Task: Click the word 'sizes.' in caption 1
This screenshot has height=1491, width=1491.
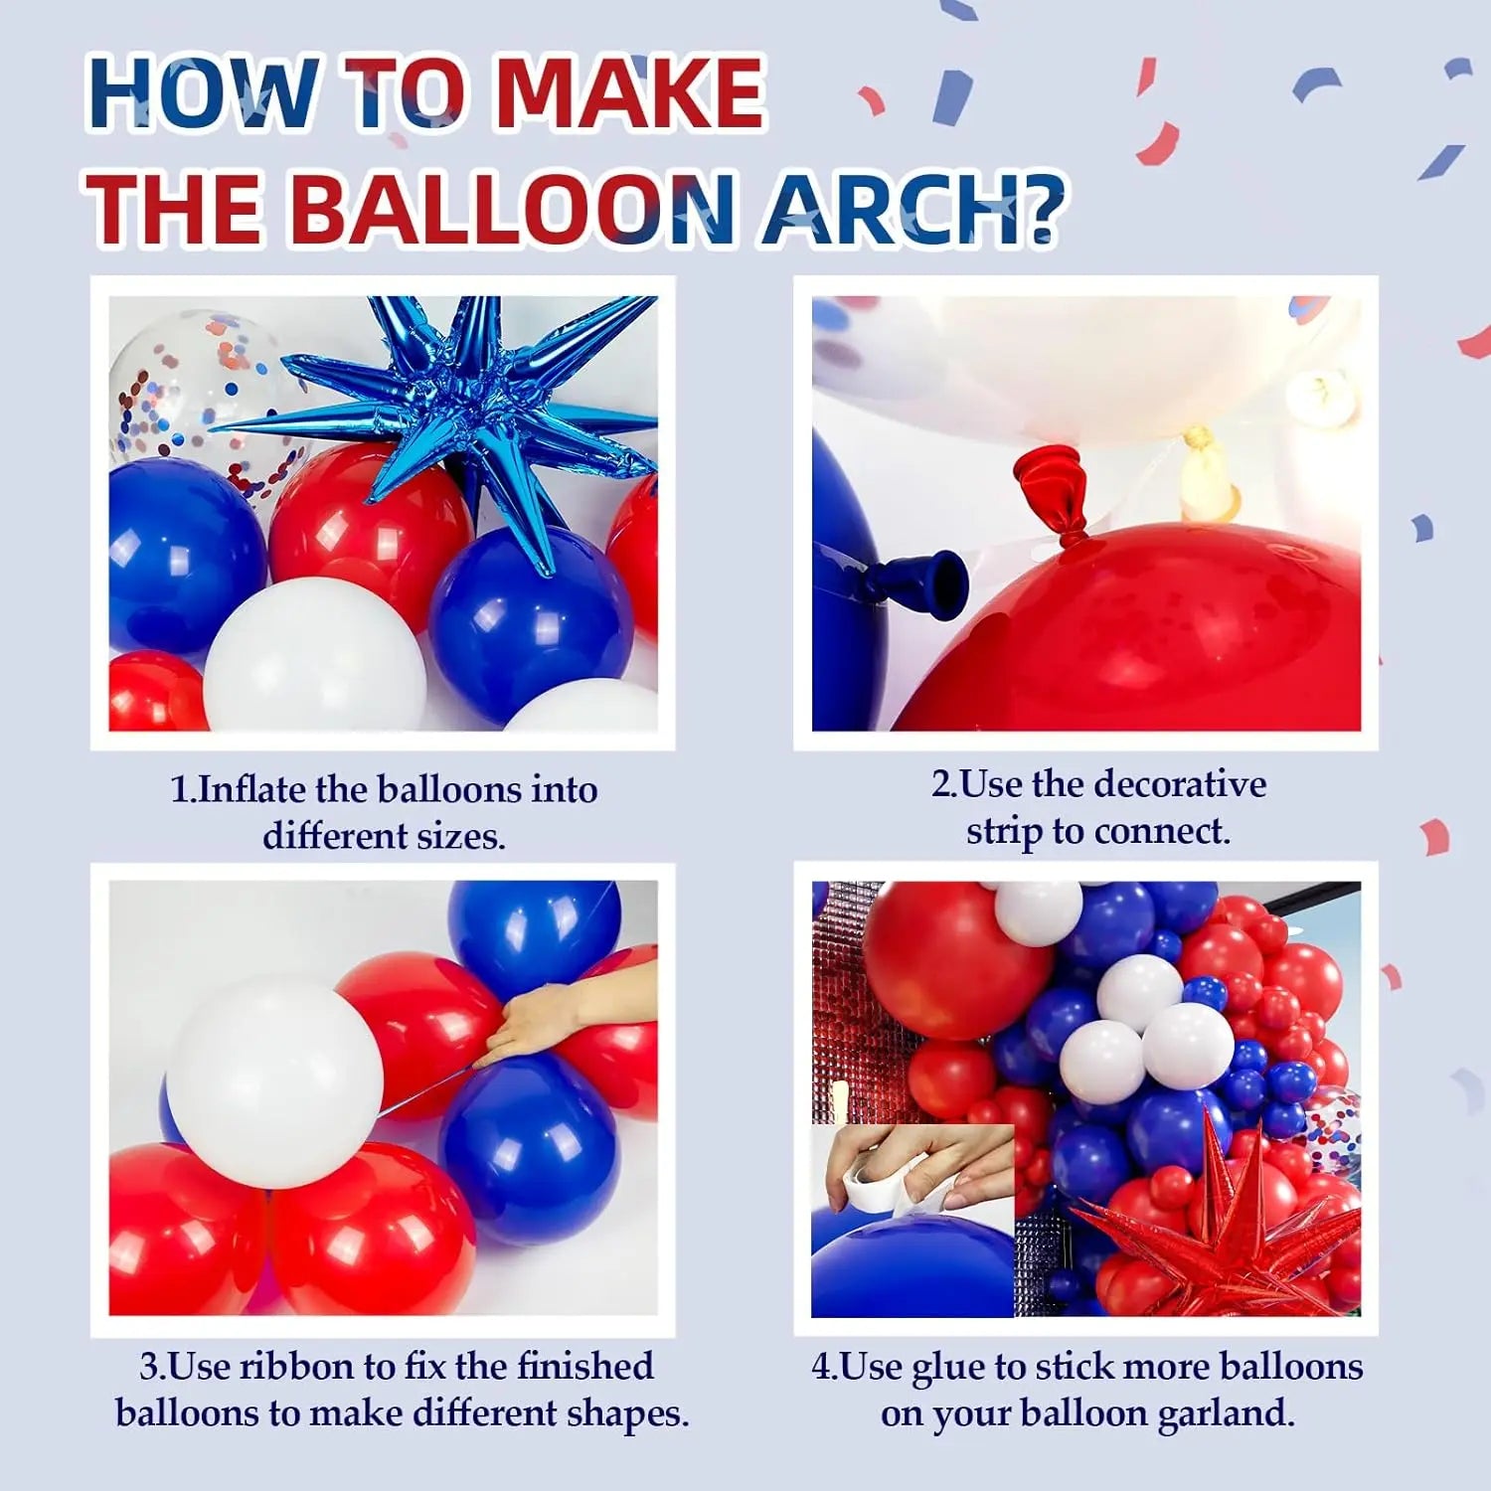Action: tap(461, 836)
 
